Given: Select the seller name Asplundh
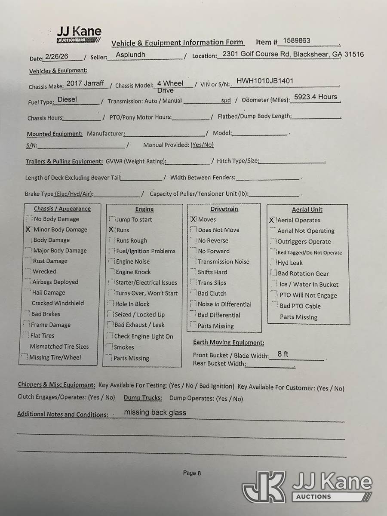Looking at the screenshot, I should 130,55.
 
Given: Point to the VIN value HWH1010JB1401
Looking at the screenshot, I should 265,80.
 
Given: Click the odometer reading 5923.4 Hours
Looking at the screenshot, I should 316,97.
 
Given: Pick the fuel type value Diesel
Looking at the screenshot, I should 67,99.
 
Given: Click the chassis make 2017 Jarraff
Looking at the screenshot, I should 85,83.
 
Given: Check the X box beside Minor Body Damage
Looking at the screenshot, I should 28,230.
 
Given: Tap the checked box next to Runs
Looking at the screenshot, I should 112,230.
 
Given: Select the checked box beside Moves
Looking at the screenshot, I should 193,219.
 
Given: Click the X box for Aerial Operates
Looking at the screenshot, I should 272,220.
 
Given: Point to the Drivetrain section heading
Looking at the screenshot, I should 224,209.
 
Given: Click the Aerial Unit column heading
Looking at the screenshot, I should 307,209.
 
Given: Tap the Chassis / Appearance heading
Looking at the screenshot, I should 62,209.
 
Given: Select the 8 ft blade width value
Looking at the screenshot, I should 283,354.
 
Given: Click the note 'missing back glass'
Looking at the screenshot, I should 155,412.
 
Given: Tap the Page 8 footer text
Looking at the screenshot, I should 192,473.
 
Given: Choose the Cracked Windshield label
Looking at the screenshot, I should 58,303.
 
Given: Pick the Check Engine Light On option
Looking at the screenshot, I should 143,336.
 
